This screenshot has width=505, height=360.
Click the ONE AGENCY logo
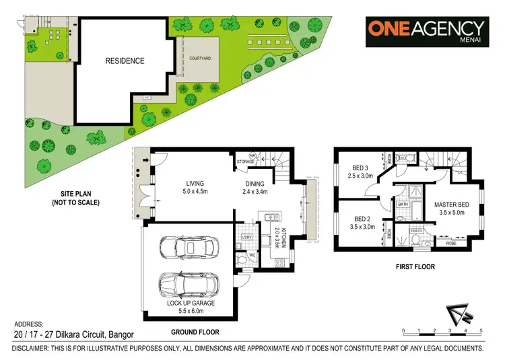pyautogui.click(x=426, y=31)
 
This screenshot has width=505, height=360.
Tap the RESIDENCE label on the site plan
pyautogui.click(x=125, y=61)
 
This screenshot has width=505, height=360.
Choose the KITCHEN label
pyautogui.click(x=285, y=238)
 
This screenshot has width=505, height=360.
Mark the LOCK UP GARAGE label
pyautogui.click(x=191, y=303)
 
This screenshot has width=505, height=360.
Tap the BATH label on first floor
pyautogui.click(x=403, y=204)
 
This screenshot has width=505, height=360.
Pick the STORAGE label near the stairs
pyautogui.click(x=245, y=161)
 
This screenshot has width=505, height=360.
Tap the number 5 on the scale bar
pyautogui.click(x=481, y=331)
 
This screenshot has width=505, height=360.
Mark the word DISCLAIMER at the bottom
pyautogui.click(x=34, y=349)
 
